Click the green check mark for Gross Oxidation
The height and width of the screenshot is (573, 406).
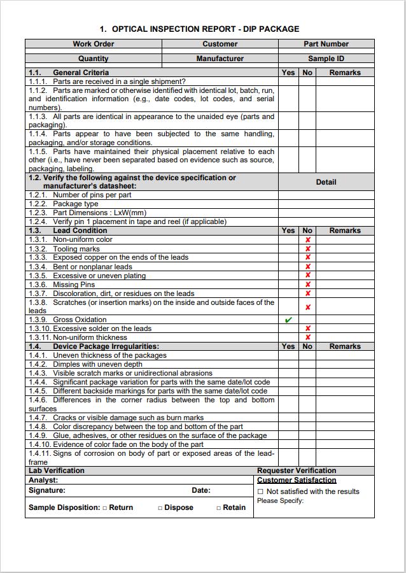click(288, 320)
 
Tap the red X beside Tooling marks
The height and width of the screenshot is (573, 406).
click(308, 249)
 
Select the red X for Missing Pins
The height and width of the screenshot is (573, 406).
click(308, 285)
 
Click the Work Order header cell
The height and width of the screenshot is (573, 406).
click(94, 44)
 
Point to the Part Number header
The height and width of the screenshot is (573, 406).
click(326, 44)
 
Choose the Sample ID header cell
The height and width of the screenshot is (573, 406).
click(326, 59)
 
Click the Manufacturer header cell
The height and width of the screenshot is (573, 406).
click(220, 59)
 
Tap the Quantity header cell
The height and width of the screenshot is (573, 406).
click(94, 59)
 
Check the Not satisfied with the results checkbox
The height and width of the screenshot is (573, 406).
click(260, 492)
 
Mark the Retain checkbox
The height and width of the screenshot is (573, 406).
click(218, 507)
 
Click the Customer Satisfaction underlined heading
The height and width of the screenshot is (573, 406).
click(297, 480)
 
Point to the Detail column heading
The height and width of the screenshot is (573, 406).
click(326, 182)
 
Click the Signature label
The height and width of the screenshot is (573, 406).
click(46, 491)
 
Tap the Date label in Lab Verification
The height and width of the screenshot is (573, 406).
click(200, 491)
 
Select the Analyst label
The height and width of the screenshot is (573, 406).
click(43, 480)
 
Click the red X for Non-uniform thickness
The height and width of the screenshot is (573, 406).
click(308, 337)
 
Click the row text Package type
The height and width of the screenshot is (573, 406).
click(75, 204)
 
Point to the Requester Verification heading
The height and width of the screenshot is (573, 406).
click(297, 470)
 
